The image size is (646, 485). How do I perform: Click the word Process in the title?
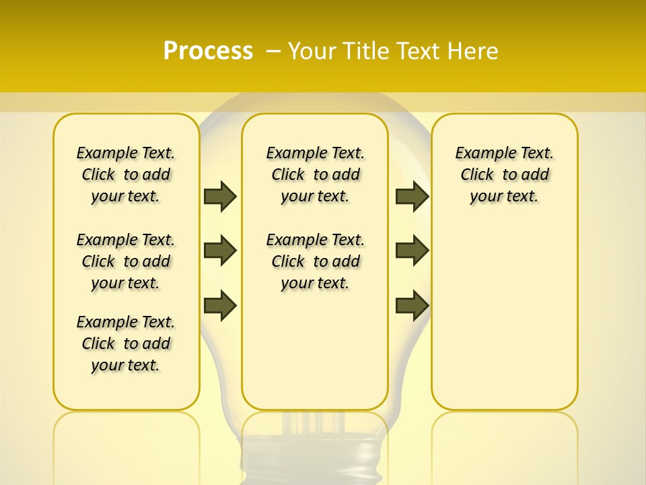(208, 51)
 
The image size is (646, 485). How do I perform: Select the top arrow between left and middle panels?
(220, 197)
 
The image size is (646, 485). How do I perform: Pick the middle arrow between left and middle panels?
(220, 251)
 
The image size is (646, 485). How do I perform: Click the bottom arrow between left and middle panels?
(220, 305)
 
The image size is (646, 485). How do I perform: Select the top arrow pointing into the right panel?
(412, 197)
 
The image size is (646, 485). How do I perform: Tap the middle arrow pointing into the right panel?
(412, 251)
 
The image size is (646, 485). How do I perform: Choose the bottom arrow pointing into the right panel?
(412, 305)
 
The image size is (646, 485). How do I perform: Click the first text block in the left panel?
(126, 174)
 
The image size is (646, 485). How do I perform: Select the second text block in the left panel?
(126, 261)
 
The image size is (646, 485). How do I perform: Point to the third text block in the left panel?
(126, 344)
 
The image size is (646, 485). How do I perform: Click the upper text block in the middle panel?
(315, 174)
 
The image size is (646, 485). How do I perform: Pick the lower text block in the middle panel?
(315, 261)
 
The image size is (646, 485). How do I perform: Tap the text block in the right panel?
(505, 174)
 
